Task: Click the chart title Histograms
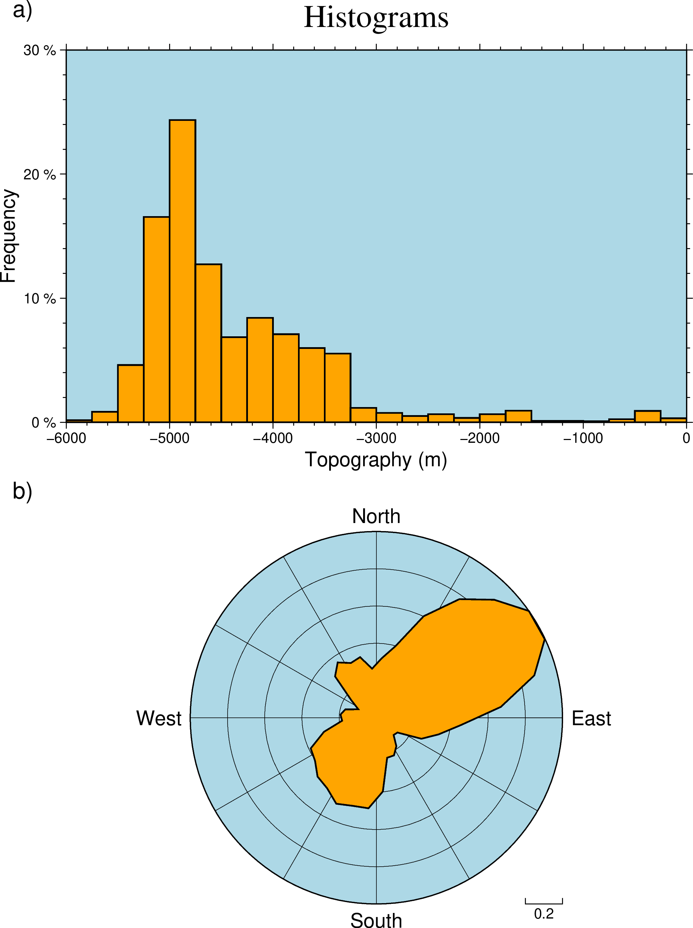[376, 18]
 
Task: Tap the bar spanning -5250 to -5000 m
[157, 319]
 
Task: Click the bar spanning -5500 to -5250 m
[130, 393]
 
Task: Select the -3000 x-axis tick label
[376, 438]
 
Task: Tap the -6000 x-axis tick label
[66, 438]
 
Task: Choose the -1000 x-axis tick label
[583, 438]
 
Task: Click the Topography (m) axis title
[376, 460]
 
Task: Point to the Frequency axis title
[8, 236]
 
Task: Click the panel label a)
[22, 10]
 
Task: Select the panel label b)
[22, 490]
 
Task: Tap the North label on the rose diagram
[376, 516]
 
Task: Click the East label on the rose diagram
[591, 718]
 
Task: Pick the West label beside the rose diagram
[159, 718]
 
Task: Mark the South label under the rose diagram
[376, 920]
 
